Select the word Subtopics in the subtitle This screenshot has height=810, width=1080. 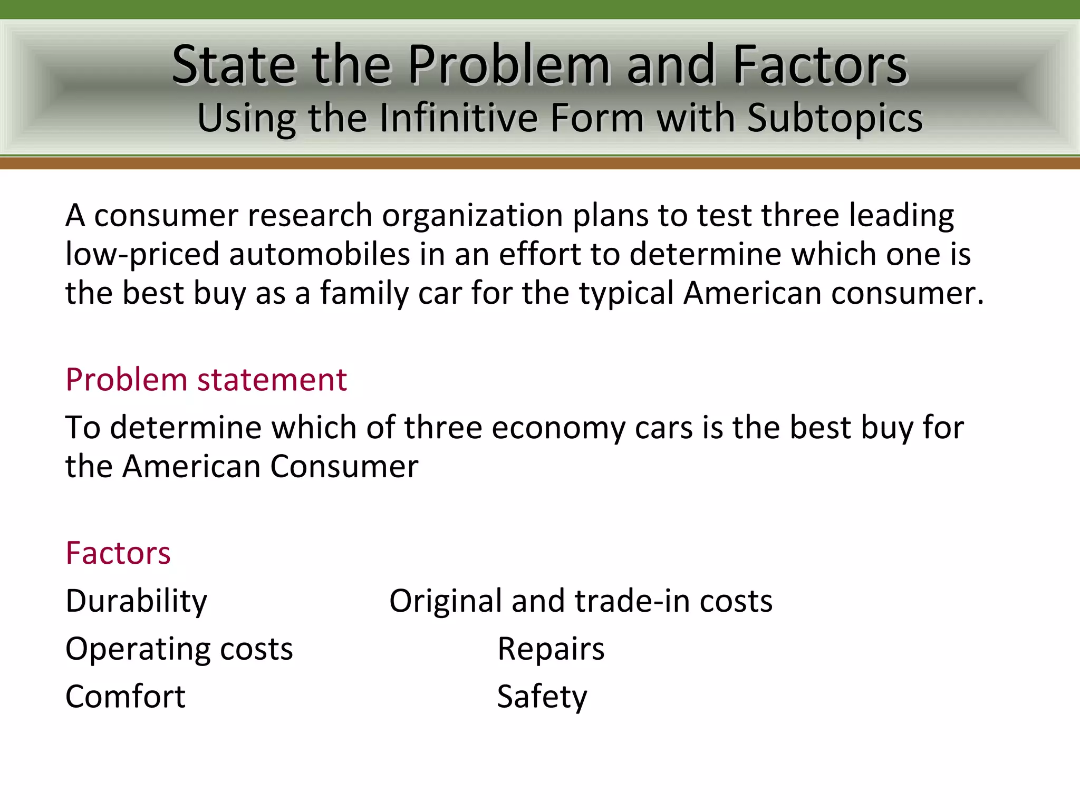(835, 118)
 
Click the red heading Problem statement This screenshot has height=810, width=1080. (206, 380)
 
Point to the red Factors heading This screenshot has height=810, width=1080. (118, 553)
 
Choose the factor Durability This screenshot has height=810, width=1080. (137, 601)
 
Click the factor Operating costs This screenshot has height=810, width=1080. (179, 649)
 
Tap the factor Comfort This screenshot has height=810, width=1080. (126, 696)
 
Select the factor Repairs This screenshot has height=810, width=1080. (551, 649)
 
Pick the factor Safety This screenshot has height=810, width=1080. (542, 696)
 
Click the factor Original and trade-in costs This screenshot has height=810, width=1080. (581, 601)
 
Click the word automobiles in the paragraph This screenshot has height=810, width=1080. (320, 254)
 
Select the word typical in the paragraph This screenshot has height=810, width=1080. (626, 293)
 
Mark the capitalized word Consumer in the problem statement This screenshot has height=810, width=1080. (344, 466)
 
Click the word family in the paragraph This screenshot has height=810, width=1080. (364, 293)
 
